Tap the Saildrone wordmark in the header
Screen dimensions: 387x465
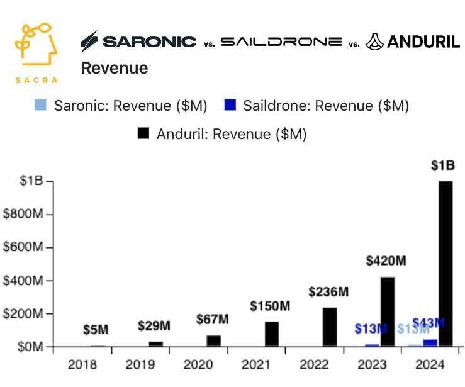point(281,42)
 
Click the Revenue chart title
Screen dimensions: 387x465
point(115,68)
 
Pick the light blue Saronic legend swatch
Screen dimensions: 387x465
point(40,106)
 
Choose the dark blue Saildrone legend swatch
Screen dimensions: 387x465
point(230,106)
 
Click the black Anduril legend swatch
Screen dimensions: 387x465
point(143,134)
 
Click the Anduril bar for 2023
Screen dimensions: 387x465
point(388,311)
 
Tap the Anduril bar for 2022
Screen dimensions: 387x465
point(330,327)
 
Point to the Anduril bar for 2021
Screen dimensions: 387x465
point(272,334)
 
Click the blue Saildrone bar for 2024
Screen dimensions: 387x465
point(431,343)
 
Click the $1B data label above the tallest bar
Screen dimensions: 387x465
point(443,166)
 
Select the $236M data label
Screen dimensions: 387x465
point(328,292)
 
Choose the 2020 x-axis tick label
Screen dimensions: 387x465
point(199,364)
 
